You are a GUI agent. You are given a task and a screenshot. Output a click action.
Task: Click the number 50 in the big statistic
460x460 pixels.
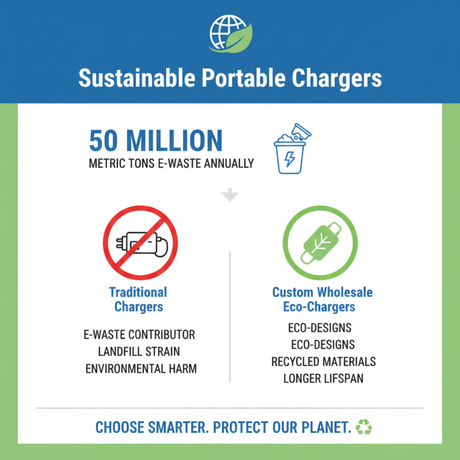point(105,141)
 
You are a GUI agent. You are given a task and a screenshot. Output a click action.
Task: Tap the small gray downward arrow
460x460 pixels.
point(230,195)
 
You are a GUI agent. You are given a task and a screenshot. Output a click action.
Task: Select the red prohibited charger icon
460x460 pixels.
point(140,242)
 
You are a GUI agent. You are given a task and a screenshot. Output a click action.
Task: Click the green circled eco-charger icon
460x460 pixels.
point(320,242)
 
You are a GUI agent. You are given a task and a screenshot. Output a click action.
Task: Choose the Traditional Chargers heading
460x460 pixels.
point(138,299)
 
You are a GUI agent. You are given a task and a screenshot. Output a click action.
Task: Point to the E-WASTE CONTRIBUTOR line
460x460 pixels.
point(139,334)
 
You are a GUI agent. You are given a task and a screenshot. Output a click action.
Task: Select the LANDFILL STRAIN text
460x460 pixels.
point(139,351)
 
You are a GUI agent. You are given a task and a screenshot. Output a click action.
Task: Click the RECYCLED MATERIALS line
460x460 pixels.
point(323,362)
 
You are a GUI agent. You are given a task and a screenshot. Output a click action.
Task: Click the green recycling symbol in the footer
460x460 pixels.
point(364,427)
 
